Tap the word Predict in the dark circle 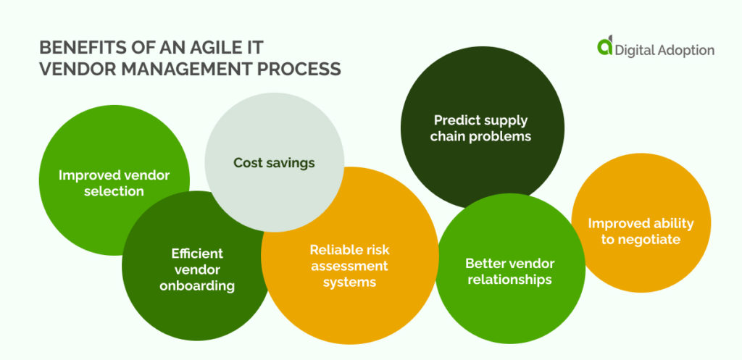(x=455, y=120)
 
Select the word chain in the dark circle (x=446, y=137)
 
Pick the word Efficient (x=197, y=254)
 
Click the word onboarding (x=197, y=285)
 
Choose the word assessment (x=349, y=266)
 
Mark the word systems (x=349, y=282)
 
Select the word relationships (x=509, y=280)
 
